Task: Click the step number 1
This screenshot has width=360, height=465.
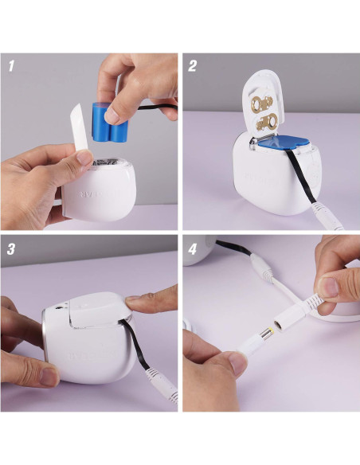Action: coord(11,66)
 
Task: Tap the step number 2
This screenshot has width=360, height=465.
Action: coord(193,66)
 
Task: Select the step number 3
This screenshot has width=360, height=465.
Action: coord(11,248)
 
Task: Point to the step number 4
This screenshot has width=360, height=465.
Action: coord(193,248)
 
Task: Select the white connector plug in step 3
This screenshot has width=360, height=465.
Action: coord(162,390)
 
